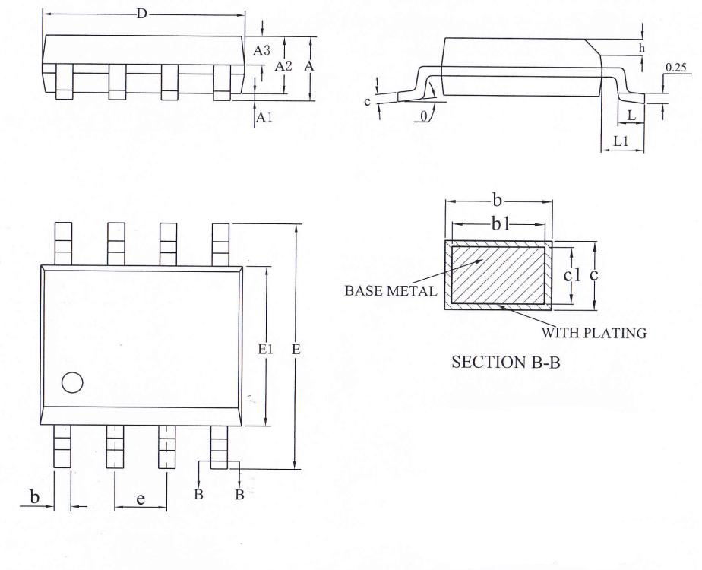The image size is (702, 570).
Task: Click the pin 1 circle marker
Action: pos(72,382)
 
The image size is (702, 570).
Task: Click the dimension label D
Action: pos(141,14)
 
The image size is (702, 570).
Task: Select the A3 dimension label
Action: pos(262,51)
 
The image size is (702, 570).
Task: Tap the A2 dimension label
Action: pos(283,66)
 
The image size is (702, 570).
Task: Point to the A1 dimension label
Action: pos(264,118)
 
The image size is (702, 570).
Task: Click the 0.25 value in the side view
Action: pos(675,68)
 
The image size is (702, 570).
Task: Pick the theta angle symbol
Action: pos(424,117)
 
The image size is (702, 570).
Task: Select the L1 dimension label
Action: pos(621,142)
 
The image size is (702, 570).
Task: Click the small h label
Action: pos(642,48)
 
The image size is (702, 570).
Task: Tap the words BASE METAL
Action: pos(391,291)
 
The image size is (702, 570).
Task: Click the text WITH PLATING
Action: pos(594,333)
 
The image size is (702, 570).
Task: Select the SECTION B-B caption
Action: pos(506,362)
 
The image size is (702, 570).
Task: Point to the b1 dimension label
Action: pos(501,224)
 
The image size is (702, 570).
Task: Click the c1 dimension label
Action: pos(572,275)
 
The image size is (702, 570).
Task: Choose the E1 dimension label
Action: pos(265,349)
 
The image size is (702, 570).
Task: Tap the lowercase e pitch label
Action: pos(141,499)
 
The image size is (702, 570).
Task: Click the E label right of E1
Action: pos(296,349)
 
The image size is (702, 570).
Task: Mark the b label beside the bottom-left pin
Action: pos(34,496)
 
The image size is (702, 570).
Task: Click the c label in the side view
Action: pos(368,102)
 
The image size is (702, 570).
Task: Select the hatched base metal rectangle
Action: pos(498,275)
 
